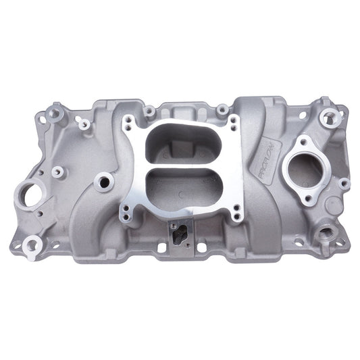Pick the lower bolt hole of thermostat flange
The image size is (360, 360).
pos(309,198)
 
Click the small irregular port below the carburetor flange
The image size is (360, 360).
pos(180,234)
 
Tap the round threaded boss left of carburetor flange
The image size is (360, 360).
pos(103,180)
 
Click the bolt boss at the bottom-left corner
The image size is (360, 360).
pos(31,246)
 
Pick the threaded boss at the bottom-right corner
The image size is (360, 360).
pos(328,234)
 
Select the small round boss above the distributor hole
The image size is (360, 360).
pos(57,172)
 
